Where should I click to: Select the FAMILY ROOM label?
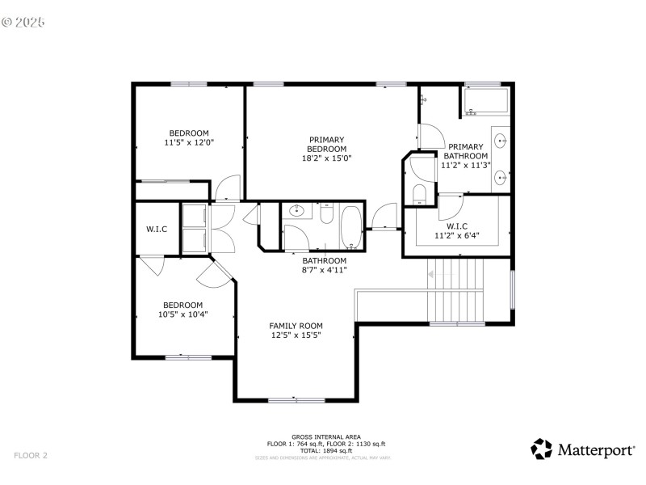(x=296, y=326)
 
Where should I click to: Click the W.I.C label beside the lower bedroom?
(x=157, y=230)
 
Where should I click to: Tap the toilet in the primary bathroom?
(x=419, y=192)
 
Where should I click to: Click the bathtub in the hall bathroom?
(x=351, y=227)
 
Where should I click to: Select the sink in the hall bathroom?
(x=296, y=213)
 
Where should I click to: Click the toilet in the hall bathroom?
(x=325, y=214)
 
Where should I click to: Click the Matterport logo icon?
(x=541, y=449)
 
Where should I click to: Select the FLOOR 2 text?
(x=31, y=455)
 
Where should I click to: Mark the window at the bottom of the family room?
(x=296, y=399)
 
